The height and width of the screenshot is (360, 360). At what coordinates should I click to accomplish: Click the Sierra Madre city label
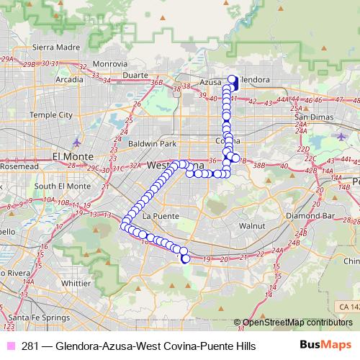coord(32,48)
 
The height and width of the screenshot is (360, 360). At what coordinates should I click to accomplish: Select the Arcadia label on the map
coord(69,79)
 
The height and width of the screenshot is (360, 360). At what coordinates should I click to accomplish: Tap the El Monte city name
coord(70,156)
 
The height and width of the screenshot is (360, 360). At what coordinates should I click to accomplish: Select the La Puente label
coord(156,215)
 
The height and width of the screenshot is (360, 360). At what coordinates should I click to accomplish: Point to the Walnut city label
coord(252,225)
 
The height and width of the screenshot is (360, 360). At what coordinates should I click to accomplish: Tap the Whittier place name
coord(76,283)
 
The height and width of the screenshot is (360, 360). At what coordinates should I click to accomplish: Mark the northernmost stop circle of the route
coord(232,79)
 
